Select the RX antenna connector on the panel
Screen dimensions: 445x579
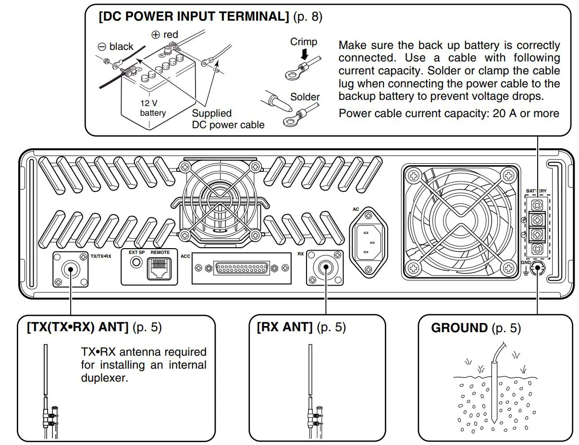coord(325,267)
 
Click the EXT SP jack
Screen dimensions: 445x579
coord(136,263)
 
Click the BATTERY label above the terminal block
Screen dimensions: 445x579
coord(536,191)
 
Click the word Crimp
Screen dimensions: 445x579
coord(303,42)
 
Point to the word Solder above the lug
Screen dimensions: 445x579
coord(305,97)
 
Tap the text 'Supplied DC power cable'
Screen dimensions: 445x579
coord(228,119)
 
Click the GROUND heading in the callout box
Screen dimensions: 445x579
coord(459,328)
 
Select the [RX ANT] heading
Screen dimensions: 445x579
coord(284,328)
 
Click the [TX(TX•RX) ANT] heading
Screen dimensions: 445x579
coord(77,328)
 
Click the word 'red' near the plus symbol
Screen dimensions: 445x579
coord(171,35)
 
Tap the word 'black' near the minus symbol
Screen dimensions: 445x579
coord(121,47)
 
